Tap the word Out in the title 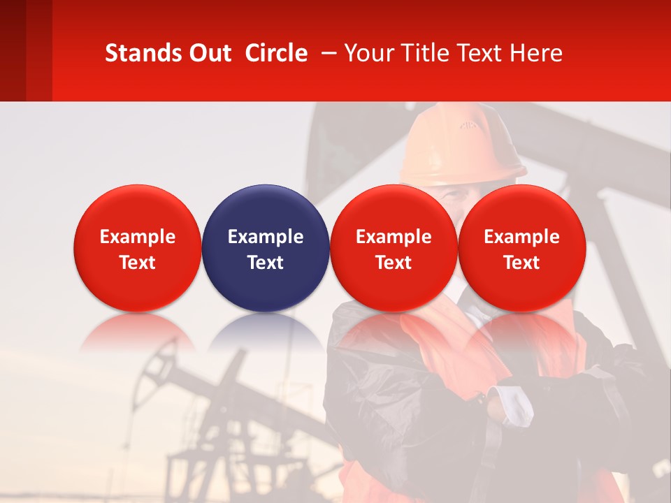coord(208,53)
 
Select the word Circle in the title coord(276,53)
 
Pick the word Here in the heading coord(536,53)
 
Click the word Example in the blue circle coord(266,237)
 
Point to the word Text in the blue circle coord(266,263)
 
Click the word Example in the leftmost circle coord(137,237)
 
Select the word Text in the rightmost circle coord(521,263)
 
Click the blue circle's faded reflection coord(266,332)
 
